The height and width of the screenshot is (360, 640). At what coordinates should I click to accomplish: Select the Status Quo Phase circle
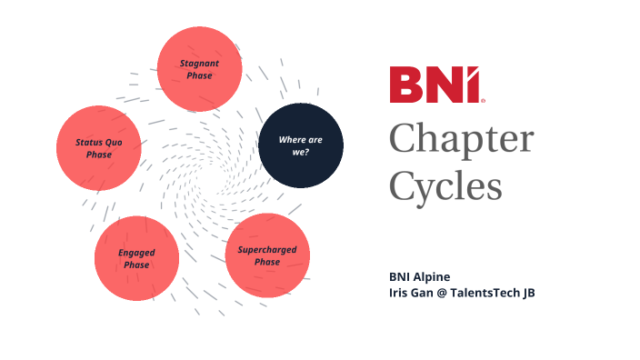coord(99,148)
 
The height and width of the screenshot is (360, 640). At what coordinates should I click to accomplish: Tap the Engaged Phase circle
coord(136,258)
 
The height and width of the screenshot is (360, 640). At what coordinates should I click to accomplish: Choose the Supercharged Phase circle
coord(267,255)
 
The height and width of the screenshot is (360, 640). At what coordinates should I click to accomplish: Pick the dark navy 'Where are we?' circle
coord(300,145)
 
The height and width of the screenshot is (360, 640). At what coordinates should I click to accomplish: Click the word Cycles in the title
coord(445,186)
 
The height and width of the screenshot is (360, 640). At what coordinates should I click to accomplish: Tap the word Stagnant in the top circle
coord(199,64)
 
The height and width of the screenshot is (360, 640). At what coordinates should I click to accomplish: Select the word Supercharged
coord(267,249)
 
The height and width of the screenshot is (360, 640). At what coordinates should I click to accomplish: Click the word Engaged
coord(136,252)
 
